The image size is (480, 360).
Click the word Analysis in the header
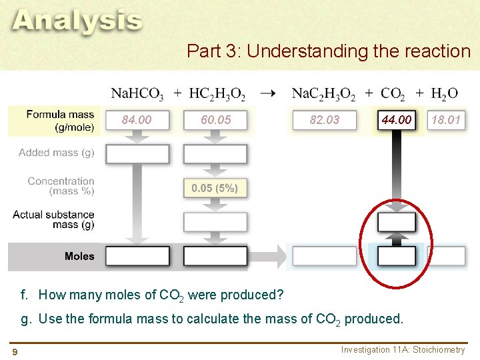(x=77, y=21)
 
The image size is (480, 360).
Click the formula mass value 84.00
(x=137, y=120)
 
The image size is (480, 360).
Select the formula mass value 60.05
(x=215, y=120)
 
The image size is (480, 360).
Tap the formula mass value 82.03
(x=325, y=120)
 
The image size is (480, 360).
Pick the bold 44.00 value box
(x=396, y=120)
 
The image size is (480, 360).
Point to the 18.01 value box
(x=446, y=120)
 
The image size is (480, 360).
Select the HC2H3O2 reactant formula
(x=217, y=94)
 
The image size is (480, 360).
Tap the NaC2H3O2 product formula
(x=324, y=94)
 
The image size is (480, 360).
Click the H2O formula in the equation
(x=445, y=94)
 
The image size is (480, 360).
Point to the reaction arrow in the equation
(x=267, y=93)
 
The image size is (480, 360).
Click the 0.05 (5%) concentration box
(x=215, y=188)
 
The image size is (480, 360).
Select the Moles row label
(x=79, y=256)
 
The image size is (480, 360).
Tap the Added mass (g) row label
(x=57, y=153)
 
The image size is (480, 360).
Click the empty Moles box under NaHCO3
(x=137, y=256)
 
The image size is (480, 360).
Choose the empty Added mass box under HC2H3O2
(x=215, y=154)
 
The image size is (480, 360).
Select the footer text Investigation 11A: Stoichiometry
(x=403, y=350)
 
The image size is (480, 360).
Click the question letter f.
(x=24, y=295)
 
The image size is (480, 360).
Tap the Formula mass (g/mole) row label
(x=60, y=120)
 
